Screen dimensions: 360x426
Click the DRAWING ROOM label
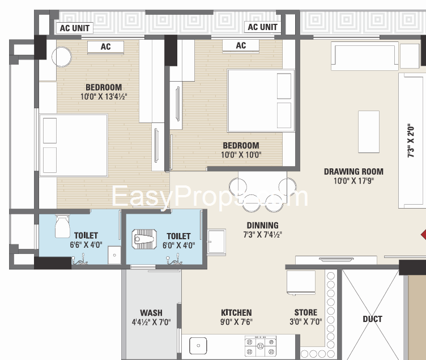[353, 171]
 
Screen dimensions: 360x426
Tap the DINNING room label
[262, 225]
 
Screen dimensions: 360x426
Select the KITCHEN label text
[236, 312]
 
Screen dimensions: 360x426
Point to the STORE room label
[305, 312]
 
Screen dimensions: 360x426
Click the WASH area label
[151, 312]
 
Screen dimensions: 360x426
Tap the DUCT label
[372, 319]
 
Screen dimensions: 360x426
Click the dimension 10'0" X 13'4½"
[103, 96]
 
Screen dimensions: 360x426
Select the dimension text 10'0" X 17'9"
[353, 181]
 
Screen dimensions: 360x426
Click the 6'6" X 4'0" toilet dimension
[86, 245]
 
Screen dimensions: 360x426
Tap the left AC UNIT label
[75, 27]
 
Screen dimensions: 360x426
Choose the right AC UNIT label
[262, 27]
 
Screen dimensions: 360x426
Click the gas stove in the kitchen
[259, 345]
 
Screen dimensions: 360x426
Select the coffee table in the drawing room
[368, 131]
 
